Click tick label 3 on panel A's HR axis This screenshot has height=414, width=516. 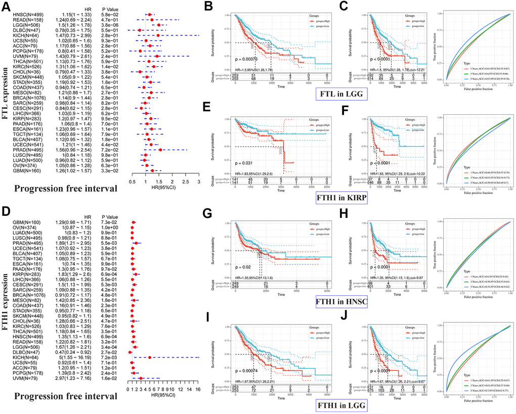pyautogui.click(x=199, y=181)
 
